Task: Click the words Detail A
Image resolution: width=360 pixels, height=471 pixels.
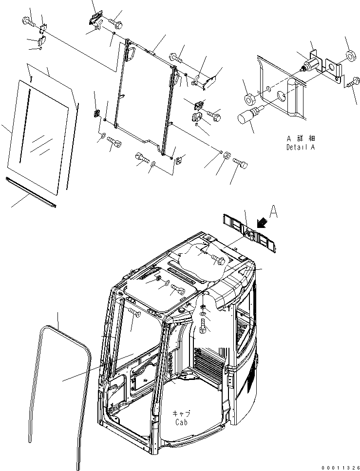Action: [300, 147]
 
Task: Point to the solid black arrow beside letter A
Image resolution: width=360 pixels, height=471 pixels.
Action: [263, 223]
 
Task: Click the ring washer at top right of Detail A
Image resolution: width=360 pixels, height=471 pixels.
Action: [349, 55]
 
